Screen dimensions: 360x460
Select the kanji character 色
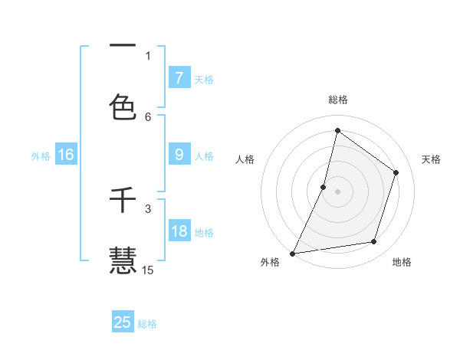123,106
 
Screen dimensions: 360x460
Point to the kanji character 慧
123,260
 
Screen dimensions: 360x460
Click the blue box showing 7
179,77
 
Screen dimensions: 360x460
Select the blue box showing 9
179,155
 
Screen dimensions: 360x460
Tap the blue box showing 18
179,231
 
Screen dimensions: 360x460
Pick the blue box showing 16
66,155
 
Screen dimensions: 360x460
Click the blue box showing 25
123,322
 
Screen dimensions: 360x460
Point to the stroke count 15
148,270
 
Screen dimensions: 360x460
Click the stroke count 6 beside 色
148,116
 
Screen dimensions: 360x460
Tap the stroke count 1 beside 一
148,55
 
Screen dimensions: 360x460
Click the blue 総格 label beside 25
147,324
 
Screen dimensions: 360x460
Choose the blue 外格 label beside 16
41,156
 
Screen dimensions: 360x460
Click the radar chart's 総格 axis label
337,100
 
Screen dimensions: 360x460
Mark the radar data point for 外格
292,253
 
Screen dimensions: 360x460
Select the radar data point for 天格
396,172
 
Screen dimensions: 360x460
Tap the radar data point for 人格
324,187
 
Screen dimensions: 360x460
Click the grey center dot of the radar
337,191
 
